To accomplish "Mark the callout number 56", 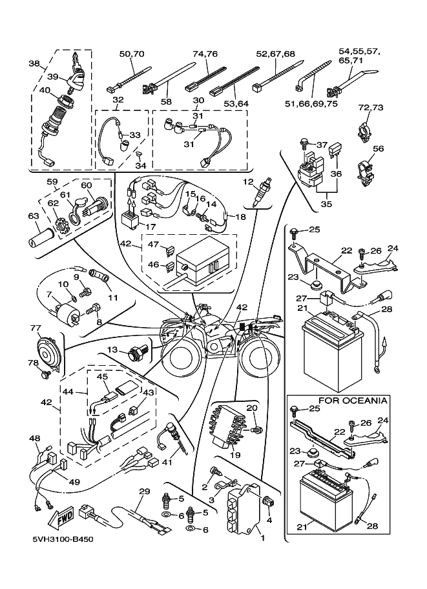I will pyautogui.click(x=378, y=149).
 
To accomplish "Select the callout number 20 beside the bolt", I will pyautogui.click(x=252, y=408).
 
